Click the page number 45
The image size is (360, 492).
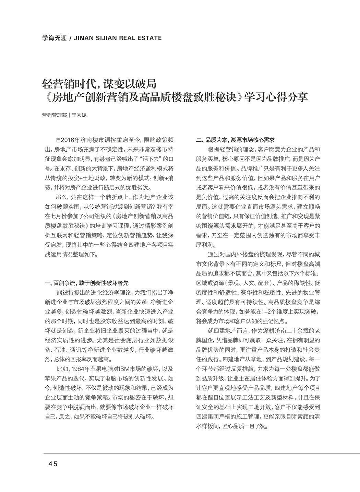[x=53, y=464]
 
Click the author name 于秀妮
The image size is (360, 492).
[x=80, y=115]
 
